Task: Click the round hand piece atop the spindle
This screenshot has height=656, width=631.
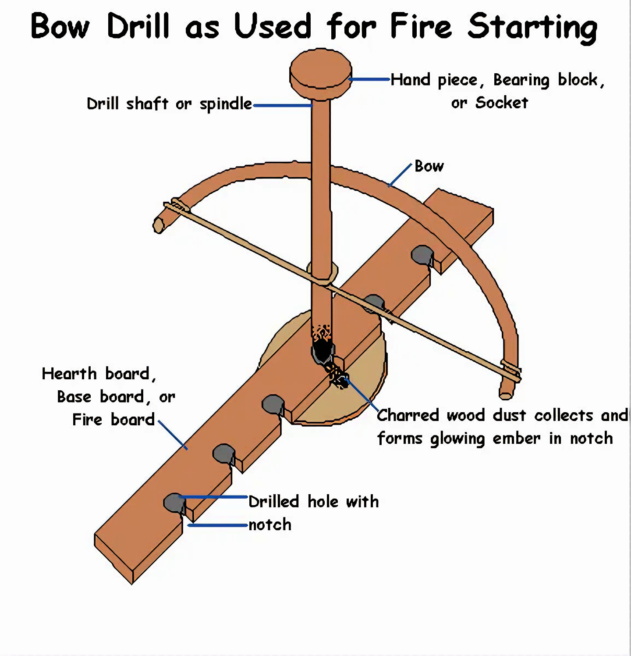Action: click(321, 73)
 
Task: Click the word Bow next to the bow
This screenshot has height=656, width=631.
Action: click(429, 166)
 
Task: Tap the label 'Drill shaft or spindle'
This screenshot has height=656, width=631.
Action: click(169, 104)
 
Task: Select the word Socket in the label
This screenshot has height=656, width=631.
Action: click(501, 103)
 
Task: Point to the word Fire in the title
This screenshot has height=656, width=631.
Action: click(421, 26)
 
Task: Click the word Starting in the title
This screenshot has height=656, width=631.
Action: click(532, 27)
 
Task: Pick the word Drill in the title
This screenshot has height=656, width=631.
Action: click(138, 26)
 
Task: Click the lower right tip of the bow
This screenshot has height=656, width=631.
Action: click(506, 392)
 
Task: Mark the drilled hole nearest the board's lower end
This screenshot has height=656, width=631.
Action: click(174, 502)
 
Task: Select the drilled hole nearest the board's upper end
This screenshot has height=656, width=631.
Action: click(422, 254)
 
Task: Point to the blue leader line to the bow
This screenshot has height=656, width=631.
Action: click(400, 175)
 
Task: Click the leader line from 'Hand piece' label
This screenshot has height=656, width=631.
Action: click(369, 79)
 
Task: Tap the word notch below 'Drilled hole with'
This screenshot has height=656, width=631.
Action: click(270, 524)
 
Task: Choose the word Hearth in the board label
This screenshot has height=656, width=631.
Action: click(69, 374)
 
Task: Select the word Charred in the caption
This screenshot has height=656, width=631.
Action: click(408, 415)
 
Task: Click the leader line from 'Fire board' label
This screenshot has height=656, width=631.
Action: click(173, 435)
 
